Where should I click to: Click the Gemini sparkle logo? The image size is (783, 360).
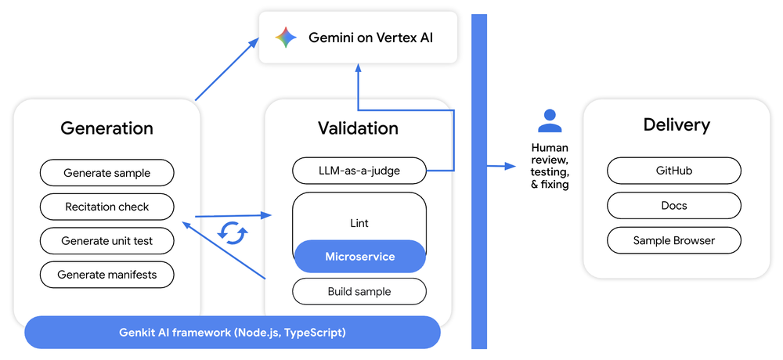coord(286,38)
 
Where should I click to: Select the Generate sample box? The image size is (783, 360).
coord(106,173)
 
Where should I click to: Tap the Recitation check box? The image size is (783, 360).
coord(106,207)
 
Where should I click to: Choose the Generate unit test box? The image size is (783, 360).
coord(106,241)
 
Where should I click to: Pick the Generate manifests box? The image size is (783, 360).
coord(106,275)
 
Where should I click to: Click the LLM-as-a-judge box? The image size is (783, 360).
coord(359,170)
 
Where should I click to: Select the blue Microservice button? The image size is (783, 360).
coord(359,257)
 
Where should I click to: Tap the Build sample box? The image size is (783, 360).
coord(359,292)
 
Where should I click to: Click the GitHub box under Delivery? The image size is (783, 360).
coord(673,171)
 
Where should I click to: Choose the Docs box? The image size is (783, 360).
coord(673,206)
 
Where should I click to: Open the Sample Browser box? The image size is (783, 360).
coord(673,241)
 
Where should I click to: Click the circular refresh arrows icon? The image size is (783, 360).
coord(233,232)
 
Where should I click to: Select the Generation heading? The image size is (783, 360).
coord(106,128)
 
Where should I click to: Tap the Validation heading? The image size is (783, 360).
coord(358,128)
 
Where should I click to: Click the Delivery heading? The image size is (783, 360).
coord(677,124)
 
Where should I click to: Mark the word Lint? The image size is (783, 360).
coord(359,223)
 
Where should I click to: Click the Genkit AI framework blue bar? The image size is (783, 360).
coord(232,333)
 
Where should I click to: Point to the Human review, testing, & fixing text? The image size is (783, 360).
coord(550,166)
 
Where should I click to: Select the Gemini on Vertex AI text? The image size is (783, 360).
coord(370,38)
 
